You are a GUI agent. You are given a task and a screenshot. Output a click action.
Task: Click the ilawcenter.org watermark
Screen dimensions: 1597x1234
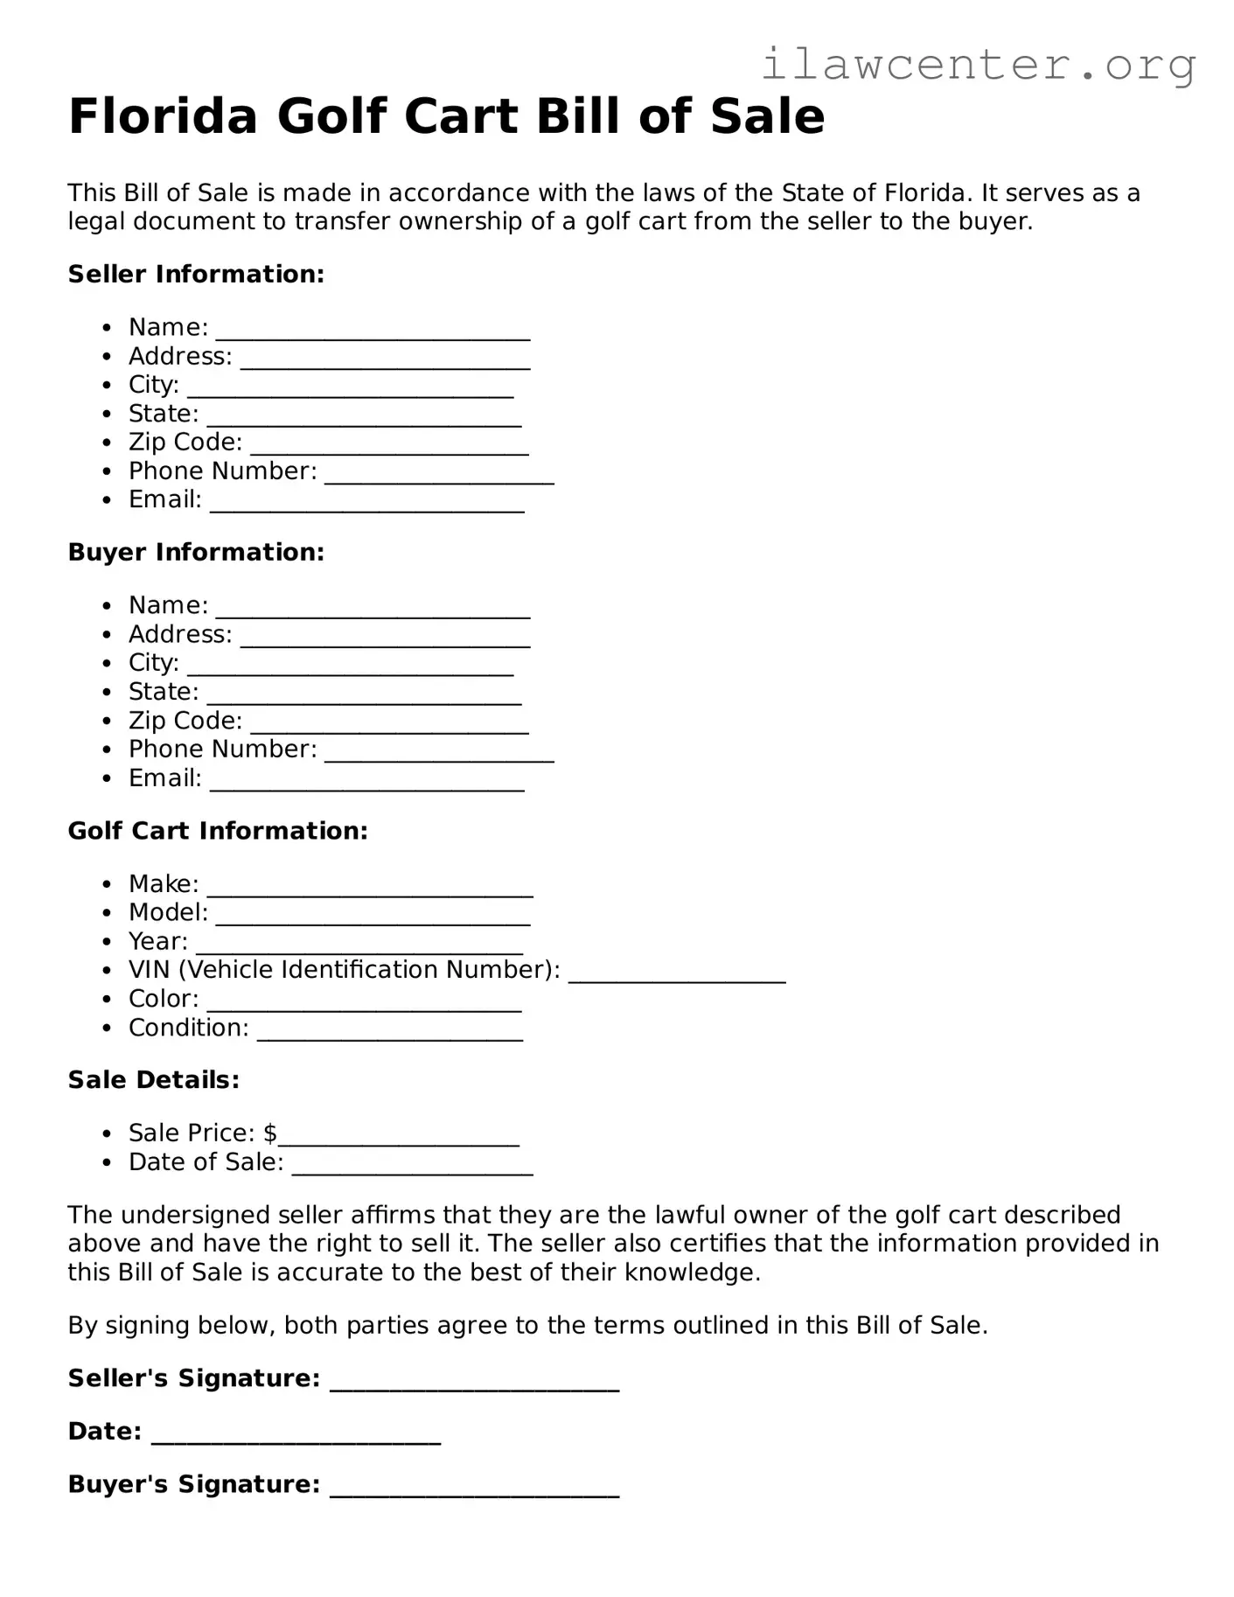click(978, 65)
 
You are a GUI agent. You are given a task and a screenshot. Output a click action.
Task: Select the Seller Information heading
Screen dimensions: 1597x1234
click(196, 275)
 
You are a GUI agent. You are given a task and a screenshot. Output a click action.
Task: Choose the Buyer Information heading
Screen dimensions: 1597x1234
click(196, 553)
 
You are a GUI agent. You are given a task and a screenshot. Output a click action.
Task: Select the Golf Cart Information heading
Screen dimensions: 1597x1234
click(218, 831)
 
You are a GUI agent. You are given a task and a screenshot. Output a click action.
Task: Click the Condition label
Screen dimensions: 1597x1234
click(188, 1028)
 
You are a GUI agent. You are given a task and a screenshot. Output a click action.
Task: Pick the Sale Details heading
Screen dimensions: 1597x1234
click(153, 1080)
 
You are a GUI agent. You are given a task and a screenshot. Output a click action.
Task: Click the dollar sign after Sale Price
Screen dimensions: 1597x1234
click(269, 1133)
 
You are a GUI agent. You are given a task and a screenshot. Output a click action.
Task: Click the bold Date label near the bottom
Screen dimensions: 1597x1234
click(104, 1432)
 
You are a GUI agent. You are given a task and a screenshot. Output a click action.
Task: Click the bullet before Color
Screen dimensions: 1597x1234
click(107, 1000)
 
